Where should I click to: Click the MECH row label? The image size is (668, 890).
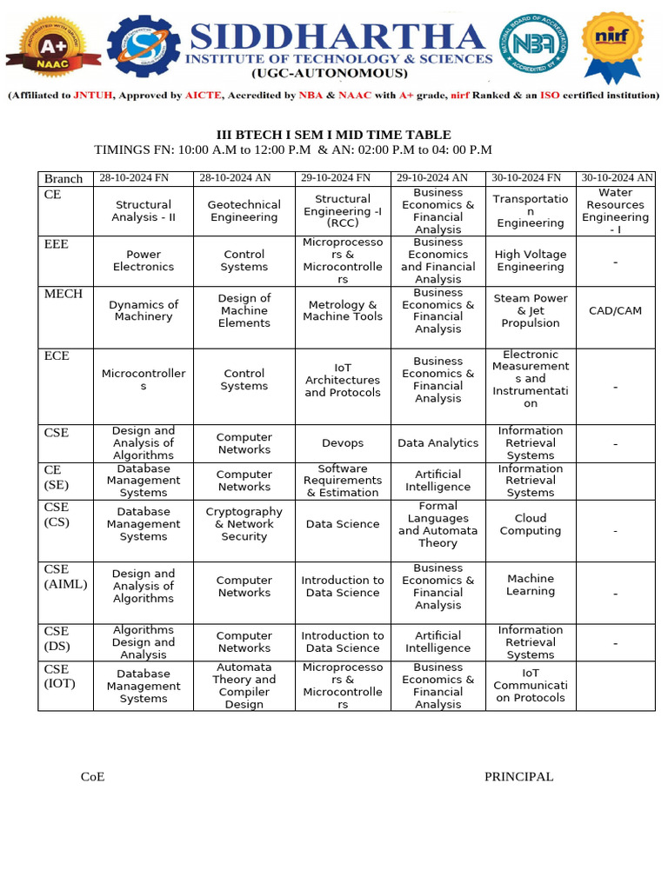63,294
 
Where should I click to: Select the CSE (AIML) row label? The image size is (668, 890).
66,577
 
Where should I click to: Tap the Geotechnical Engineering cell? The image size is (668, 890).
244,211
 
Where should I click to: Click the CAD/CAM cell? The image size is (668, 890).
615,310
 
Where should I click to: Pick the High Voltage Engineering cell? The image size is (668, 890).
531,261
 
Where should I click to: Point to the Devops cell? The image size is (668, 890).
343,443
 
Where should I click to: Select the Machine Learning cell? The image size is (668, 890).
531,585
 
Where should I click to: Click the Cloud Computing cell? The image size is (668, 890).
531,524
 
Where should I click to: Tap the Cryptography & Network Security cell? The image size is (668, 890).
244,524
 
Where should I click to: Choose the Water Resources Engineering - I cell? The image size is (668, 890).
615,211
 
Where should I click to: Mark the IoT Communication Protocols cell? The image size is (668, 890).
531,685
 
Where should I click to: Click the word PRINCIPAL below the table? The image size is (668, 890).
518,777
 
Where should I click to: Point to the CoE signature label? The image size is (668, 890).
92,777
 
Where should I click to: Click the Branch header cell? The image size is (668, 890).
63,179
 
